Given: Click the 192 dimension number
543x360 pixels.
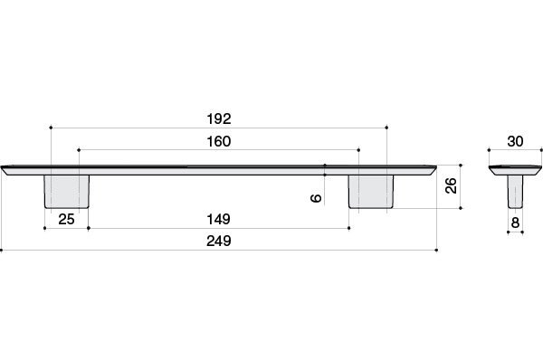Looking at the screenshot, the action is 219,119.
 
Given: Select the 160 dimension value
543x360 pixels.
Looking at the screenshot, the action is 219,142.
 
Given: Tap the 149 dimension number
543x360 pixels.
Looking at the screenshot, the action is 218,220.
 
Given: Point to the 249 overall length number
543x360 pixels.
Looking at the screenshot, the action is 219,241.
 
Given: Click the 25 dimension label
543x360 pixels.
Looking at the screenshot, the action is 66,220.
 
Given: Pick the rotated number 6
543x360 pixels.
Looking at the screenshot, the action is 316,198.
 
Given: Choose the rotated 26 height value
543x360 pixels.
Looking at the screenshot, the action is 452,186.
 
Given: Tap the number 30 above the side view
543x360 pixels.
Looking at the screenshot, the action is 515,142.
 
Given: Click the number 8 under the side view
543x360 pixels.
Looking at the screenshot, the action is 515,223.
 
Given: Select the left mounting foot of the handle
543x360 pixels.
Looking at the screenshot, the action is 67,192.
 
